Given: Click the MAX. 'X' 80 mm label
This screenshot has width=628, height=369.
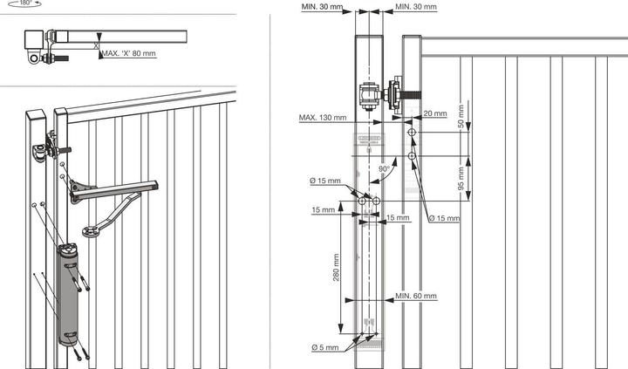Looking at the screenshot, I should (129, 54).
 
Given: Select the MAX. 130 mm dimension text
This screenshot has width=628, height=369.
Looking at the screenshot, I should (322, 118).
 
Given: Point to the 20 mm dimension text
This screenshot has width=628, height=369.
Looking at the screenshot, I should (435, 114).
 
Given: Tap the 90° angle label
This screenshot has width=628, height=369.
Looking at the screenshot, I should (384, 169).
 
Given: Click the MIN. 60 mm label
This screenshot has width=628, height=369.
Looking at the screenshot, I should (416, 297).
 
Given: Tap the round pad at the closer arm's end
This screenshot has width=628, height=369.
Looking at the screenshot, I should (90, 232).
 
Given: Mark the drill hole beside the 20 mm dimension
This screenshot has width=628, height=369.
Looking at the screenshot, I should (411, 131).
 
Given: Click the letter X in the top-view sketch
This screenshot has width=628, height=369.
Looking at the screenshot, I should (96, 44).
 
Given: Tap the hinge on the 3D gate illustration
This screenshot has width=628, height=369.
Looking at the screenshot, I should (44, 151).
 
